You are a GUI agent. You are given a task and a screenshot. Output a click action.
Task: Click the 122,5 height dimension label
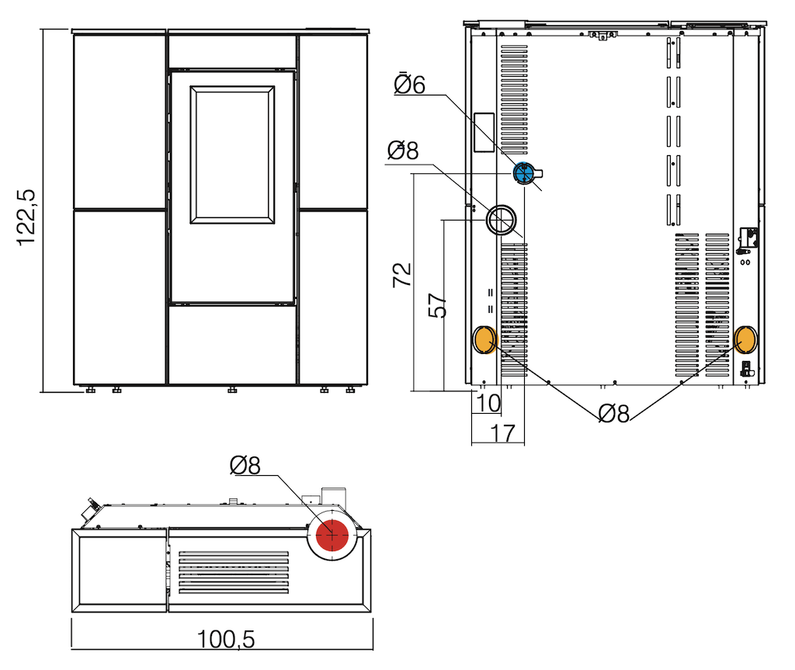point(26,217)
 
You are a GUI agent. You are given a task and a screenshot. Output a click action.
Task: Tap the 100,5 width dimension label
point(226,639)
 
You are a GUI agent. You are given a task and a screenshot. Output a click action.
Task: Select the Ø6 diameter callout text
point(410,85)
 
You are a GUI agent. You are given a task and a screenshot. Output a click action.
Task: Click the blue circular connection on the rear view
point(524,173)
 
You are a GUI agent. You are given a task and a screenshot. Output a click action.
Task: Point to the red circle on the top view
point(332,535)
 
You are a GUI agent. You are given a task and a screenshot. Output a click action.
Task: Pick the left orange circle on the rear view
point(484,340)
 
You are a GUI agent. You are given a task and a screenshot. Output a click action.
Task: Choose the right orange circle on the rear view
point(746,339)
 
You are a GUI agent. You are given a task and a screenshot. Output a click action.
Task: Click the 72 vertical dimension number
point(402,275)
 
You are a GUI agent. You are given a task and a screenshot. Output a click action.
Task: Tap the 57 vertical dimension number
point(438,305)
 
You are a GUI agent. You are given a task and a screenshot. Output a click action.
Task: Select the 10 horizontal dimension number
point(488,403)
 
